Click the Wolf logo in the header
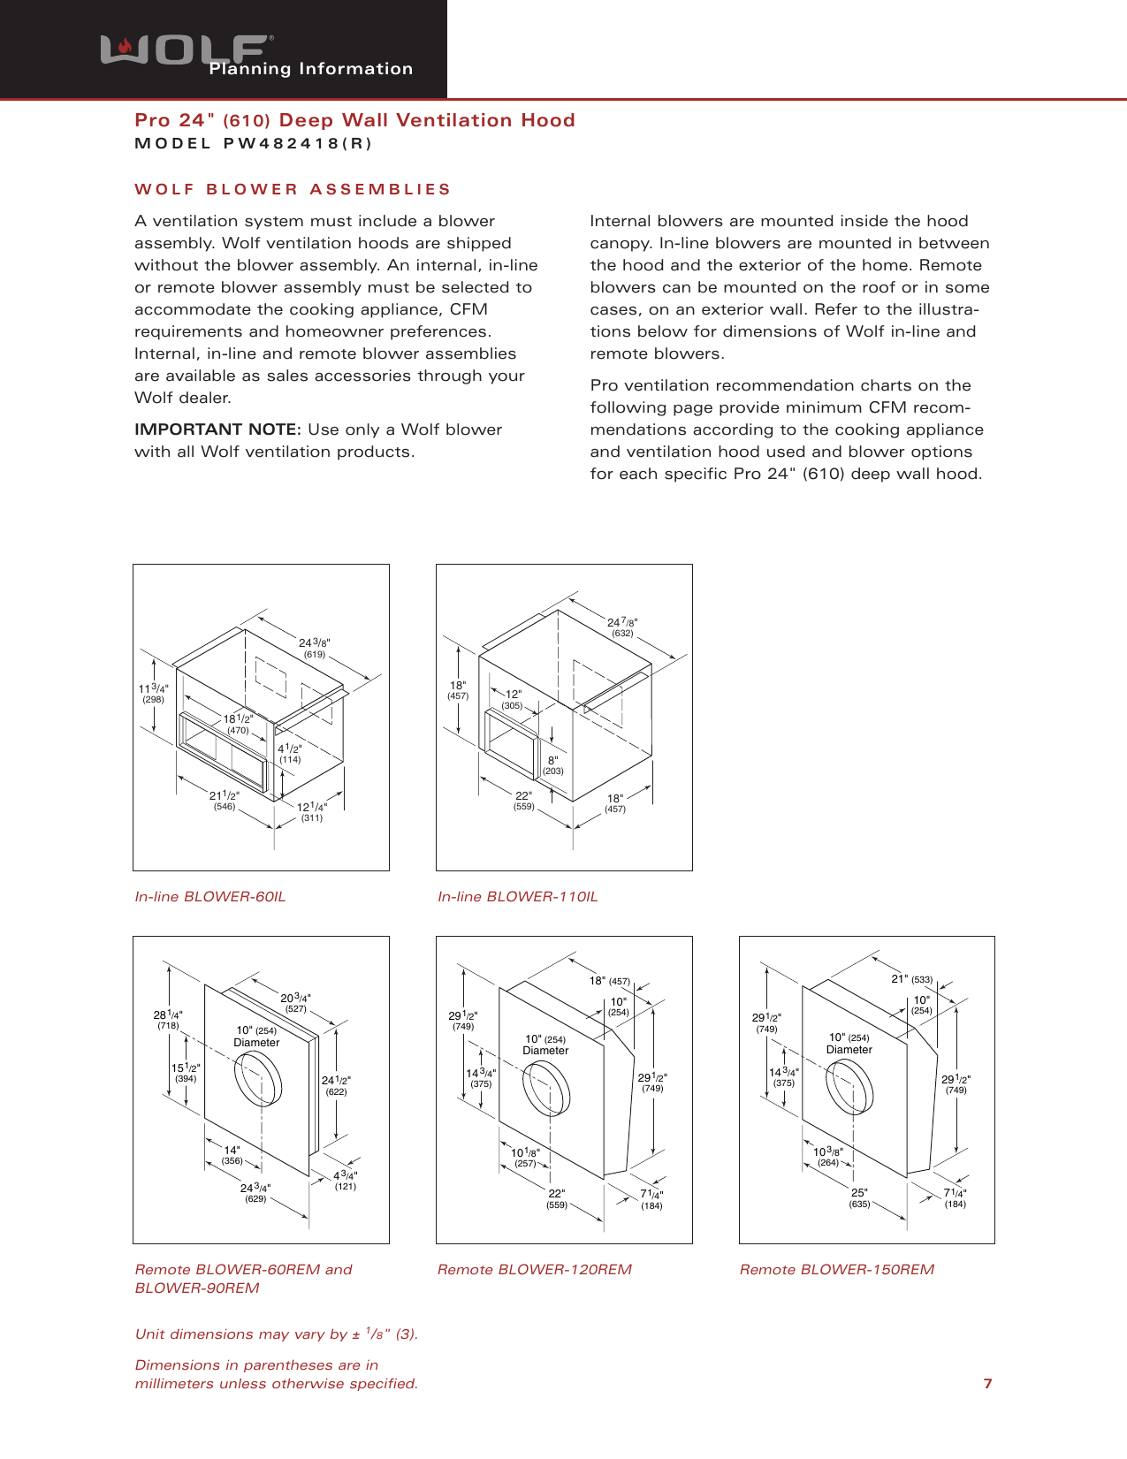click(186, 50)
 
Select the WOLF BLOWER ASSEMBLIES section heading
click(293, 189)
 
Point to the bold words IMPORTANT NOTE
click(217, 429)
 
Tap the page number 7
click(987, 1384)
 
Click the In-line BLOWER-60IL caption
click(210, 897)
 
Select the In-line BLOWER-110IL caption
click(518, 897)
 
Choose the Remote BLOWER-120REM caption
click(535, 1270)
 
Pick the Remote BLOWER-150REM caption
click(837, 1270)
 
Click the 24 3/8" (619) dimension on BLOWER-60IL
click(314, 648)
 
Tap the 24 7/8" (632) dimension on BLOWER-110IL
click(622, 627)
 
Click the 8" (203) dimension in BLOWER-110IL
click(553, 765)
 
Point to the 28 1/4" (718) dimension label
click(168, 1020)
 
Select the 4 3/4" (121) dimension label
click(345, 1181)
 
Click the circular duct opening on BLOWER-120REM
click(546, 1090)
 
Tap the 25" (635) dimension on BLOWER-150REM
click(859, 1198)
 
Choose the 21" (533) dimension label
click(911, 979)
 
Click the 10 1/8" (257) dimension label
click(525, 1158)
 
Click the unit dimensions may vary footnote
click(276, 1334)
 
